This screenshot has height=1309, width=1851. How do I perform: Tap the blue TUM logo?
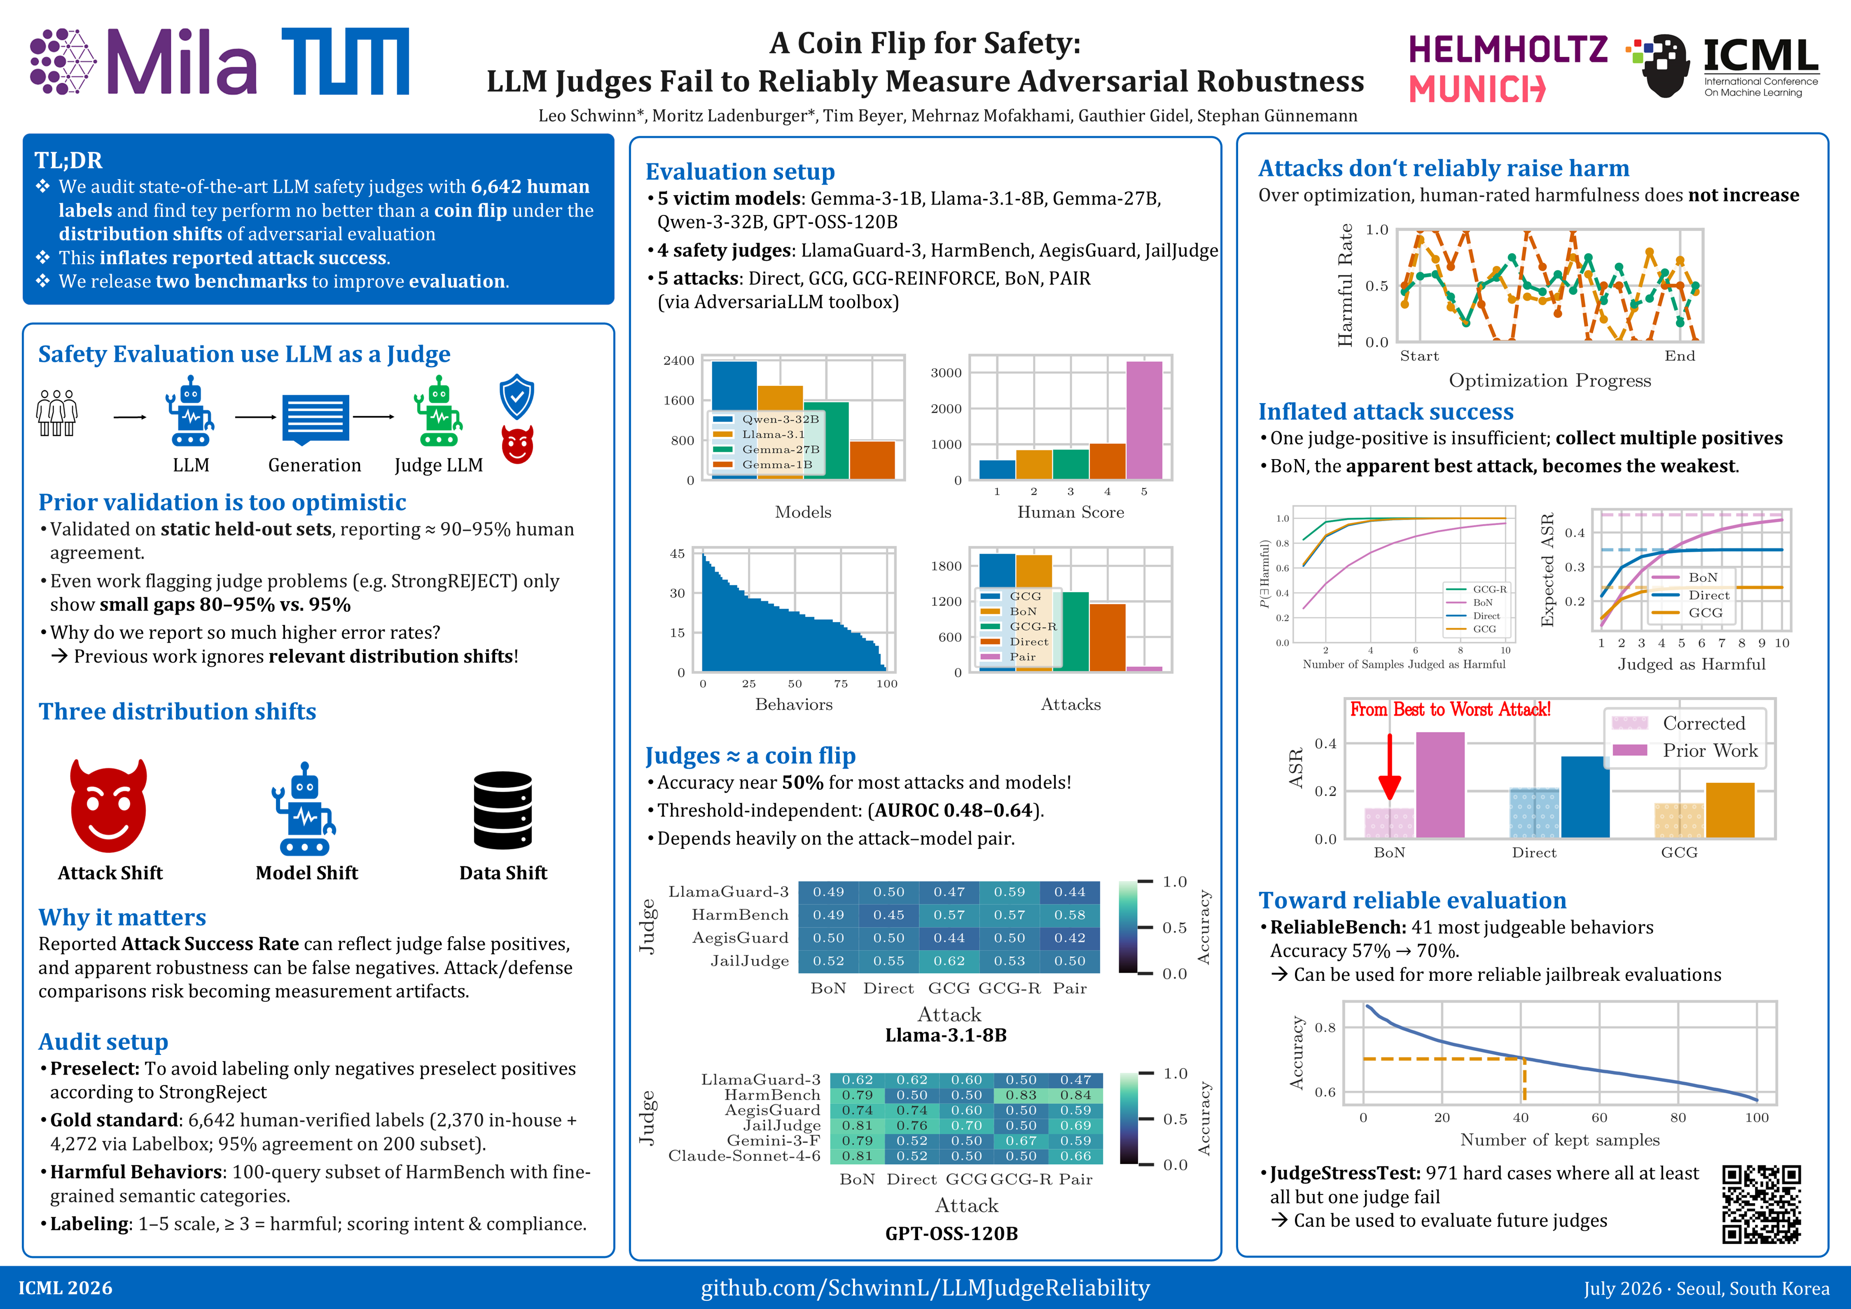click(x=345, y=61)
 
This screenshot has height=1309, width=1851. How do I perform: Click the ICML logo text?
click(x=1761, y=56)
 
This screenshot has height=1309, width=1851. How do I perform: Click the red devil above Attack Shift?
click(x=109, y=805)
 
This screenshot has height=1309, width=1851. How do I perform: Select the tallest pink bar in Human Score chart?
click(x=1144, y=420)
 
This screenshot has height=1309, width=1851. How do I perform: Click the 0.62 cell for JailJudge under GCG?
click(x=949, y=961)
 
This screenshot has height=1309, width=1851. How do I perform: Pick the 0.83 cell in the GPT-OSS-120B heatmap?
click(x=1021, y=1094)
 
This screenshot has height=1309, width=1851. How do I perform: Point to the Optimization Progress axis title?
click(x=1550, y=380)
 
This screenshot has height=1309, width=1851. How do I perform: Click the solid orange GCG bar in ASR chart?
click(x=1730, y=810)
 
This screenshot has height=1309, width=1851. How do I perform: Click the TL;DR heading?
click(x=69, y=160)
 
